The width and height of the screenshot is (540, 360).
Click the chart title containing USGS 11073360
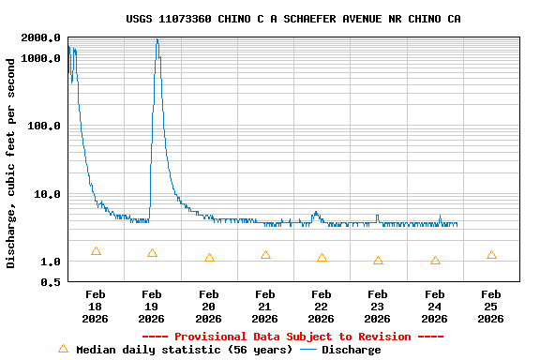click(x=292, y=19)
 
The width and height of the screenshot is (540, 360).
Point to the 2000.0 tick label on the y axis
click(x=41, y=37)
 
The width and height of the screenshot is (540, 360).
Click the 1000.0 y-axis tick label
click(x=41, y=58)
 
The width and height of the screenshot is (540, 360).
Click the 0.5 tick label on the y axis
click(x=52, y=281)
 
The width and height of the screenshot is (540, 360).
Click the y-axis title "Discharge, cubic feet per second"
click(x=11, y=163)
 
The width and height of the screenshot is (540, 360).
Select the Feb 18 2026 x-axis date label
click(x=96, y=307)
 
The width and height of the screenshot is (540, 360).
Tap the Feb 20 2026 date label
click(x=208, y=307)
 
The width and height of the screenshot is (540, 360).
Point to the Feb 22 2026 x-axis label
click(x=322, y=307)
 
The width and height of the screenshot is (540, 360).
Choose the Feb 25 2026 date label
click(x=491, y=307)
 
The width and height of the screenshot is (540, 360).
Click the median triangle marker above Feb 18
click(x=96, y=251)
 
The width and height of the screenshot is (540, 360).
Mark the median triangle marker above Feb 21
click(x=265, y=255)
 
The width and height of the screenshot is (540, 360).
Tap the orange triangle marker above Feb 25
click(x=491, y=255)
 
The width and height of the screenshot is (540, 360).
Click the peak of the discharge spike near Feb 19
click(x=157, y=40)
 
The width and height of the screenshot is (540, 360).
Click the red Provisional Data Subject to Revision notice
click(x=292, y=337)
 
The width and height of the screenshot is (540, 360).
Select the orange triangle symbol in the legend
click(x=63, y=349)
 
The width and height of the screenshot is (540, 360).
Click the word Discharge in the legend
click(x=352, y=350)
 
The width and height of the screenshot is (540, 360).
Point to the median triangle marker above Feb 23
click(x=378, y=261)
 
